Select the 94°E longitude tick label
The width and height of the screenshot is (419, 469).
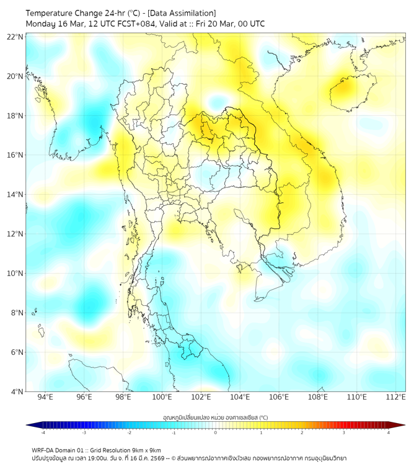tap(45, 397)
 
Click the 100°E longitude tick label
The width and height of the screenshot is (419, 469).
tap(162, 397)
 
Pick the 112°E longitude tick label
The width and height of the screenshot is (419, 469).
tap(396, 397)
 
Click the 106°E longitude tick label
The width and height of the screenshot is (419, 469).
tap(279, 397)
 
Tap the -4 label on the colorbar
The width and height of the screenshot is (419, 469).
tap(42, 432)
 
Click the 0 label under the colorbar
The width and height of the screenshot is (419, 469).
tap(215, 432)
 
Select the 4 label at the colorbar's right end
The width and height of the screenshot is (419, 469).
tap(388, 432)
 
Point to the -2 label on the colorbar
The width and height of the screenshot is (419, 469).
tap(128, 432)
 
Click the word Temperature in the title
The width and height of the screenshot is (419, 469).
tap(53, 13)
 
